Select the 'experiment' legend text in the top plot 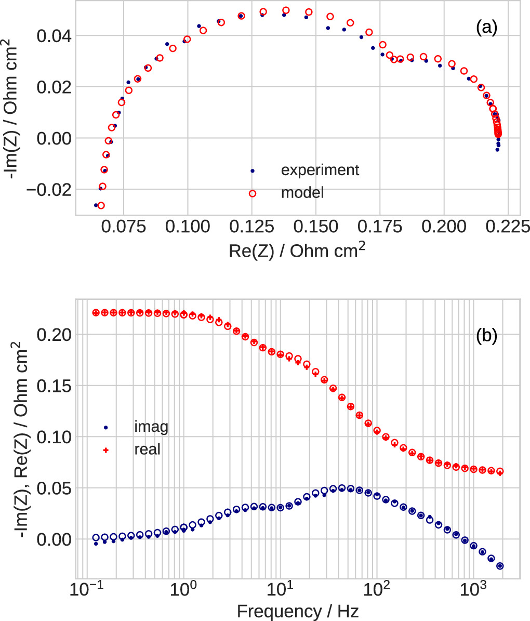(x=320, y=170)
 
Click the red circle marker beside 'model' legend (x=253, y=193)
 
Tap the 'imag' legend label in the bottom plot (x=151, y=427)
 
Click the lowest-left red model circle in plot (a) (x=101, y=205)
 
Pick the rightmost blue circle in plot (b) (x=500, y=566)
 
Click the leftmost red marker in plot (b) (x=96, y=312)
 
